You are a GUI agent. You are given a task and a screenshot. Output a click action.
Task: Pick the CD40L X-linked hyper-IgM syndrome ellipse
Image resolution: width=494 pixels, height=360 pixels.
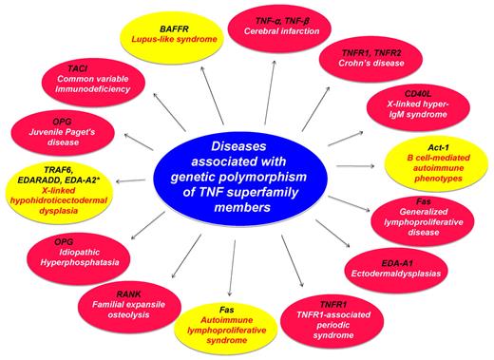pos(427,106)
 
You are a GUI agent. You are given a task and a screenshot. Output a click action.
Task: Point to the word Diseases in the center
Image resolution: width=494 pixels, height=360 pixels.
pos(244,146)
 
